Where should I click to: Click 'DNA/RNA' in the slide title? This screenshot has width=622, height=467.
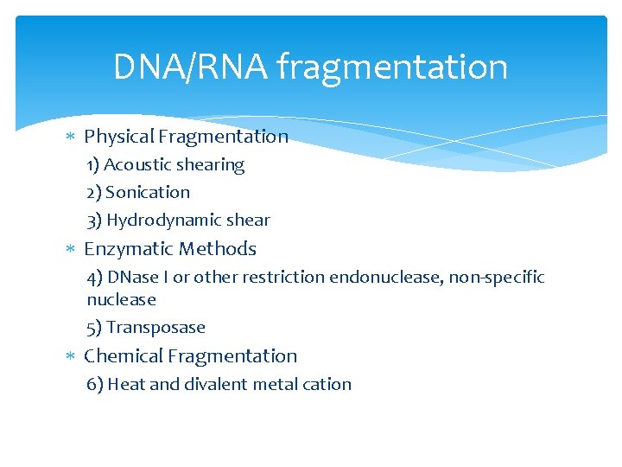[x=191, y=67]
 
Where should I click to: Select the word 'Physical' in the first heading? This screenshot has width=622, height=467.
[x=119, y=137]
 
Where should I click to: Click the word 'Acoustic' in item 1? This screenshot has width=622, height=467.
[x=140, y=164]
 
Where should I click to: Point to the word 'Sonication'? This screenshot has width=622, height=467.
[x=148, y=192]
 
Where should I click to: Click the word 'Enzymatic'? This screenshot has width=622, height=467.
[x=124, y=249]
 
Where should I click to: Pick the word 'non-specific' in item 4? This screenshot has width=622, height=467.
[x=497, y=277]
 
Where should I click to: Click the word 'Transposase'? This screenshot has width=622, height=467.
[x=156, y=328]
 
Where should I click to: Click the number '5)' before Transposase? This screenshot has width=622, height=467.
[x=95, y=328]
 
